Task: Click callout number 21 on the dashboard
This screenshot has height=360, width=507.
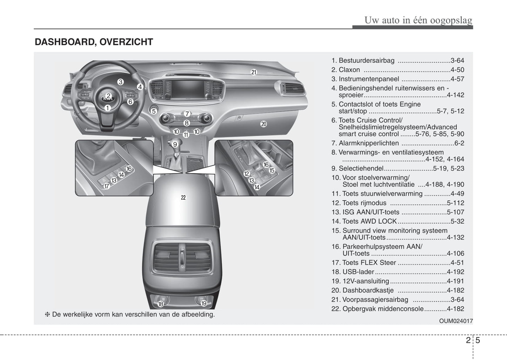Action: point(254,72)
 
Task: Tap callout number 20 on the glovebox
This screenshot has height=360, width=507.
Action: point(263,124)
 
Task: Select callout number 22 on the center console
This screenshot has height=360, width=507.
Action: point(183,198)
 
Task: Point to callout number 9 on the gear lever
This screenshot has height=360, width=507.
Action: point(175,144)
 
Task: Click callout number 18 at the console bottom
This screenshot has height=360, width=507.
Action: point(161,304)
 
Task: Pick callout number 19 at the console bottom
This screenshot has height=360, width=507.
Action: point(204,304)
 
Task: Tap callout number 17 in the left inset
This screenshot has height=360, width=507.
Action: point(107,187)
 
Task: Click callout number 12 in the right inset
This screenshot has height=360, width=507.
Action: point(246,174)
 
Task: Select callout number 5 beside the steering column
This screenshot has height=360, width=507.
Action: point(154,111)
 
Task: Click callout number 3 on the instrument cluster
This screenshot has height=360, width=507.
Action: point(120,82)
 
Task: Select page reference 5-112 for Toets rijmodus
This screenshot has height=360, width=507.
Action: point(455,203)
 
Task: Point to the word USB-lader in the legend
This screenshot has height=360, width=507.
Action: point(358,272)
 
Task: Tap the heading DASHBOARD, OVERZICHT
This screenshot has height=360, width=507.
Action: point(94,42)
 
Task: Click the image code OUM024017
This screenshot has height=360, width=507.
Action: point(456,321)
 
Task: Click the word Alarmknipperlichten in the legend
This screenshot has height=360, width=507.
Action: point(368,143)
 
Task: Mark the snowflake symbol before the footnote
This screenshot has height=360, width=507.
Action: point(47,314)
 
